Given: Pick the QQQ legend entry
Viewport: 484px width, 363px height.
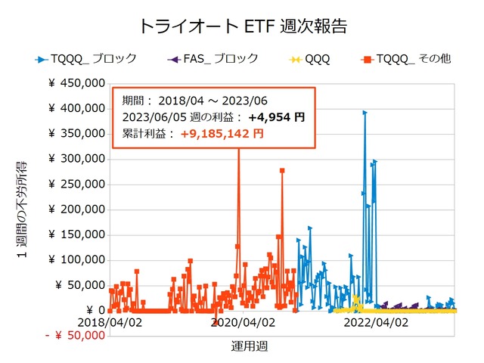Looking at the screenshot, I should point(317,58).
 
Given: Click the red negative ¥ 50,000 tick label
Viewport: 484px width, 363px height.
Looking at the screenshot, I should point(74,335).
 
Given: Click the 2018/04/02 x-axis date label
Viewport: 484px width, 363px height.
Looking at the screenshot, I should point(110,322).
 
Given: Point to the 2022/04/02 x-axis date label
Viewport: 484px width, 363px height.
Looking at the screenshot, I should point(376,322).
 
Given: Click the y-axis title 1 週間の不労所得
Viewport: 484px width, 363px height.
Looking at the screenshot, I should point(22,211).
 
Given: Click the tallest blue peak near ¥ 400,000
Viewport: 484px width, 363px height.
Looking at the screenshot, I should point(365,113).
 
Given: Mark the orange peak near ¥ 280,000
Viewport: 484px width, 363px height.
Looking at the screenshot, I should point(282,171).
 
